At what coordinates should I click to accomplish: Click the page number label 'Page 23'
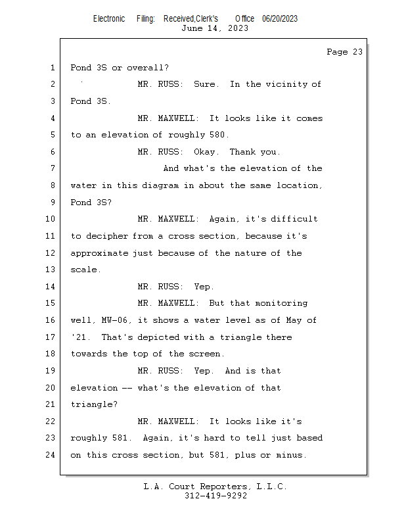pyautogui.click(x=344, y=52)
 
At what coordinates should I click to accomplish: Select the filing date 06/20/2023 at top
pyautogui.click(x=280, y=18)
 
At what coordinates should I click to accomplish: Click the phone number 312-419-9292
pyautogui.click(x=215, y=496)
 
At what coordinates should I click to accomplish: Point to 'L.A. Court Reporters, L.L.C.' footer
pyautogui.click(x=215, y=487)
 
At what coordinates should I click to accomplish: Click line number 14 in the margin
pyautogui.click(x=51, y=287)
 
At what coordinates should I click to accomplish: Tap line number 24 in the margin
pyautogui.click(x=51, y=455)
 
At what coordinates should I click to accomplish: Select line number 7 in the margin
pyautogui.click(x=52, y=169)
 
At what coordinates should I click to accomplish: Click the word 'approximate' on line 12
pyautogui.click(x=99, y=253)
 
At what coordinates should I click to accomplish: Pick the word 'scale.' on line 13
pyautogui.click(x=86, y=270)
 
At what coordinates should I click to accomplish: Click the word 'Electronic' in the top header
pyautogui.click(x=109, y=18)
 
